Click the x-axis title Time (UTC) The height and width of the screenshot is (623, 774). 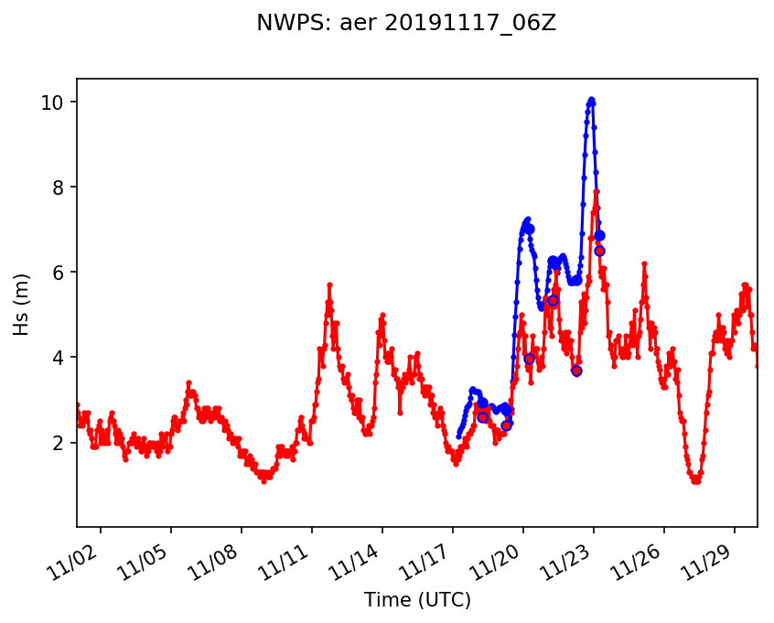click(x=417, y=600)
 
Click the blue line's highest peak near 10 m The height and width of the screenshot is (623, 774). click(x=591, y=100)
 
